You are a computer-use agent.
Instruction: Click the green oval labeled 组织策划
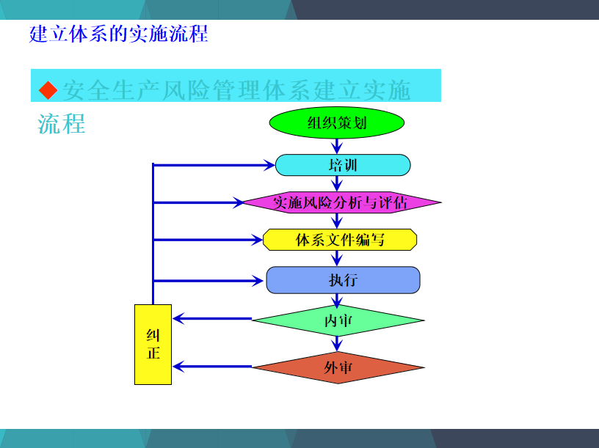337,122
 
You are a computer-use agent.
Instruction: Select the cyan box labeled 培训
343,165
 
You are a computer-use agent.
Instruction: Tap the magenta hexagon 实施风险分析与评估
342,202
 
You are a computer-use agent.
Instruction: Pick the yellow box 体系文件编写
340,240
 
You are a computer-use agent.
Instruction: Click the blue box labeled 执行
343,280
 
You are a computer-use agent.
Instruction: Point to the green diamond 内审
338,320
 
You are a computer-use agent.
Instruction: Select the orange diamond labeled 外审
338,367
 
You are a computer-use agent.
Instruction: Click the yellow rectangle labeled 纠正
153,345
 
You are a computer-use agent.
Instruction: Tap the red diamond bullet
48,90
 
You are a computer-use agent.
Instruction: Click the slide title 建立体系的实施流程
118,34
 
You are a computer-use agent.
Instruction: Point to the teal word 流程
62,124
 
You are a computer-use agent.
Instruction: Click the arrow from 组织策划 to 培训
337,146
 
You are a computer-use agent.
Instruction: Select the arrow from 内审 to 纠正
212,318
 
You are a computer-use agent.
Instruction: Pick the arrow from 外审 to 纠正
212,367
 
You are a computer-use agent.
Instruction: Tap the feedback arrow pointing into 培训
214,165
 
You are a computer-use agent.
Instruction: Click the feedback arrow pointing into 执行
208,281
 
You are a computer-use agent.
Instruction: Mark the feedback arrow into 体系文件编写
208,240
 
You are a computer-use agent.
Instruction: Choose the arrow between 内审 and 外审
337,344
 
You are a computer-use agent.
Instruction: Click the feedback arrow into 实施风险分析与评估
198,202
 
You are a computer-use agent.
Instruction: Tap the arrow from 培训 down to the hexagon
337,183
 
